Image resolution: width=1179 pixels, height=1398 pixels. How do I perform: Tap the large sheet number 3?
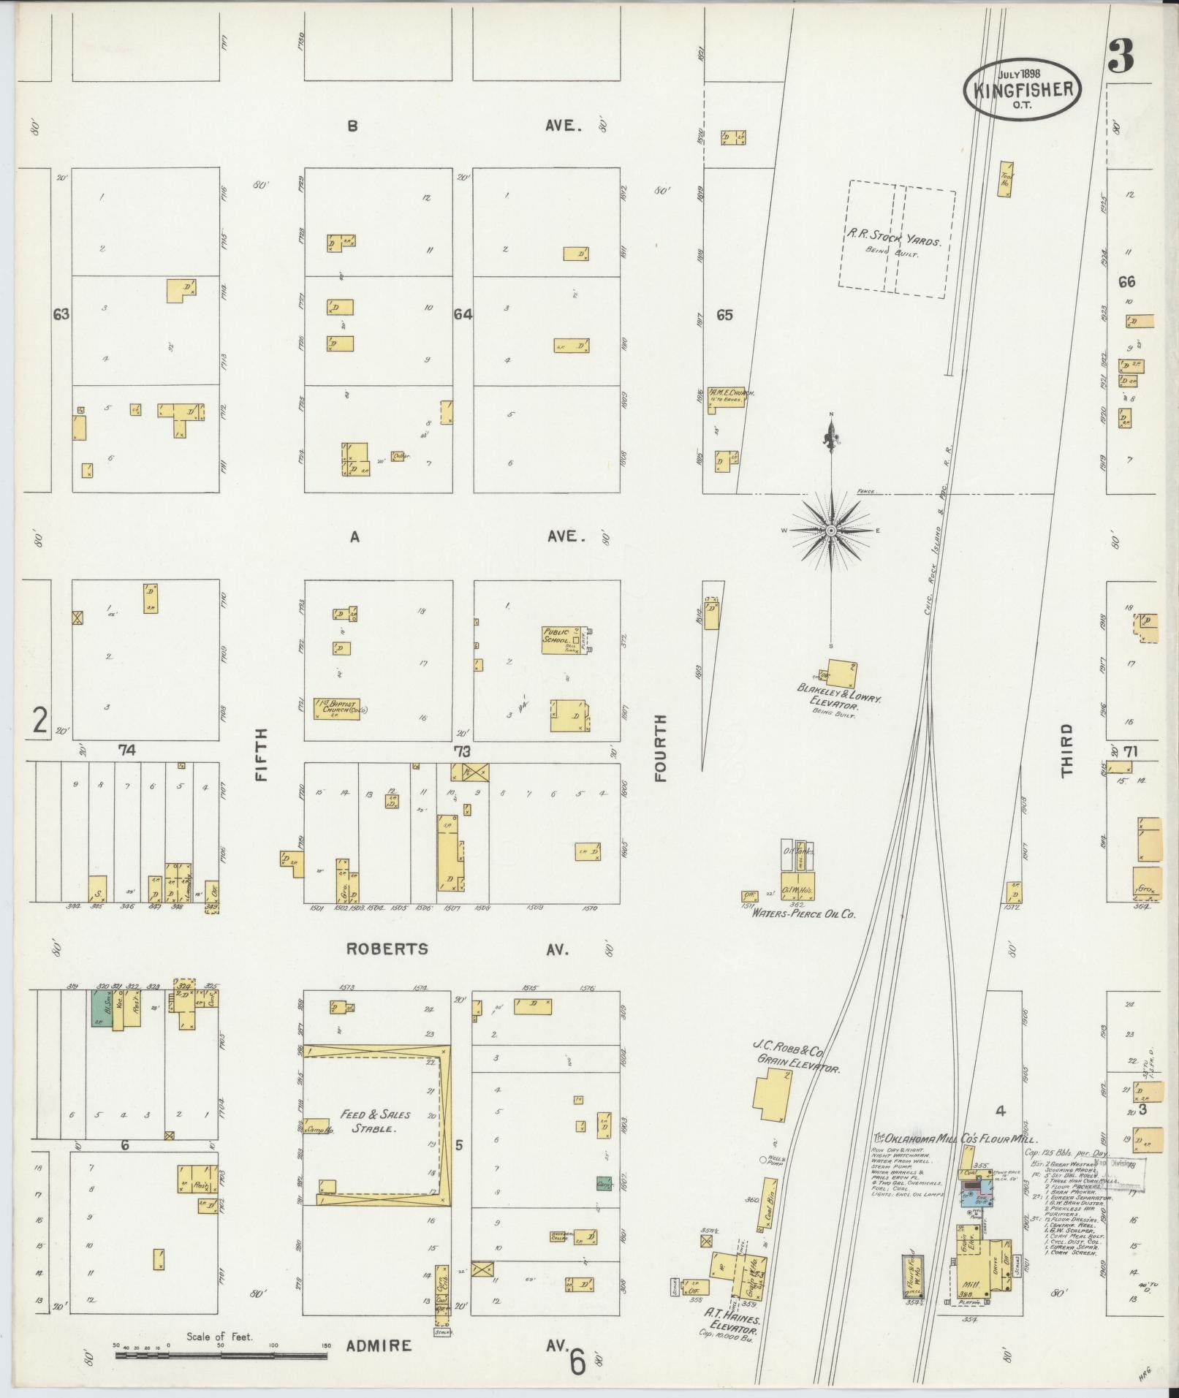click(x=1120, y=57)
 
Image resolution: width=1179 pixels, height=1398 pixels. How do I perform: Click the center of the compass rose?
click(x=832, y=529)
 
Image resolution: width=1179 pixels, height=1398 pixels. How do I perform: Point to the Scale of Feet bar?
click(x=221, y=1354)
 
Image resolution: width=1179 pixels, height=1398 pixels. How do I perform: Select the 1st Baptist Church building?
click(x=337, y=707)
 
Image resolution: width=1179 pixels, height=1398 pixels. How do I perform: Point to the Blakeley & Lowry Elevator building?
click(x=841, y=673)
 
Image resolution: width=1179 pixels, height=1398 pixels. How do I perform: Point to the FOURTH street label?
click(x=661, y=748)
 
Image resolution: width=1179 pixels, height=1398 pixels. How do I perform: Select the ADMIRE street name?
click(x=379, y=1345)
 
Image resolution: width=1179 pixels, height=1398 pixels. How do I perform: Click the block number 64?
click(x=463, y=315)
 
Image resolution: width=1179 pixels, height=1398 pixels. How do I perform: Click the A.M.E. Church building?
click(x=720, y=400)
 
